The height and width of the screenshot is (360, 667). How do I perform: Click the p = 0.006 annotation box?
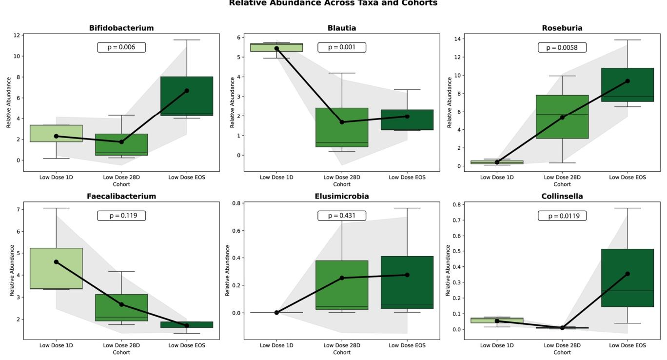121,47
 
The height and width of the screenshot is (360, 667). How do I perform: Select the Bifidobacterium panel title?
121,28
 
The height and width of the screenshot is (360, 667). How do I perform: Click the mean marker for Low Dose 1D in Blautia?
276,48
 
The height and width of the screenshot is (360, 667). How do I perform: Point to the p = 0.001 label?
342,47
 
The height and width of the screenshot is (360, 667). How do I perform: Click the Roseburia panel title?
562,28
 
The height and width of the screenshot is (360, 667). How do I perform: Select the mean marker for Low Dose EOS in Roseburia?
628,81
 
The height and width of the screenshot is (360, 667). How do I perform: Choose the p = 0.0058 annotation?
562,47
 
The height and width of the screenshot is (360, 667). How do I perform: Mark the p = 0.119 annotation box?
121,216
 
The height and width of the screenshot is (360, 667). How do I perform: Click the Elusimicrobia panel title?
342,197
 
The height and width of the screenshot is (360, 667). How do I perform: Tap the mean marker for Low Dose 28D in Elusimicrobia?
342,278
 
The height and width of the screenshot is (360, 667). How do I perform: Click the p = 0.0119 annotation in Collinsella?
562,216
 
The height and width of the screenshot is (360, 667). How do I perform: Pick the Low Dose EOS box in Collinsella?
628,278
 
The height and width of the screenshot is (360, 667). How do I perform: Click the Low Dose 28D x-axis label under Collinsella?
562,345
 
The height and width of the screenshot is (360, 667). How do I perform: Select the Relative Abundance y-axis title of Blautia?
233,102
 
